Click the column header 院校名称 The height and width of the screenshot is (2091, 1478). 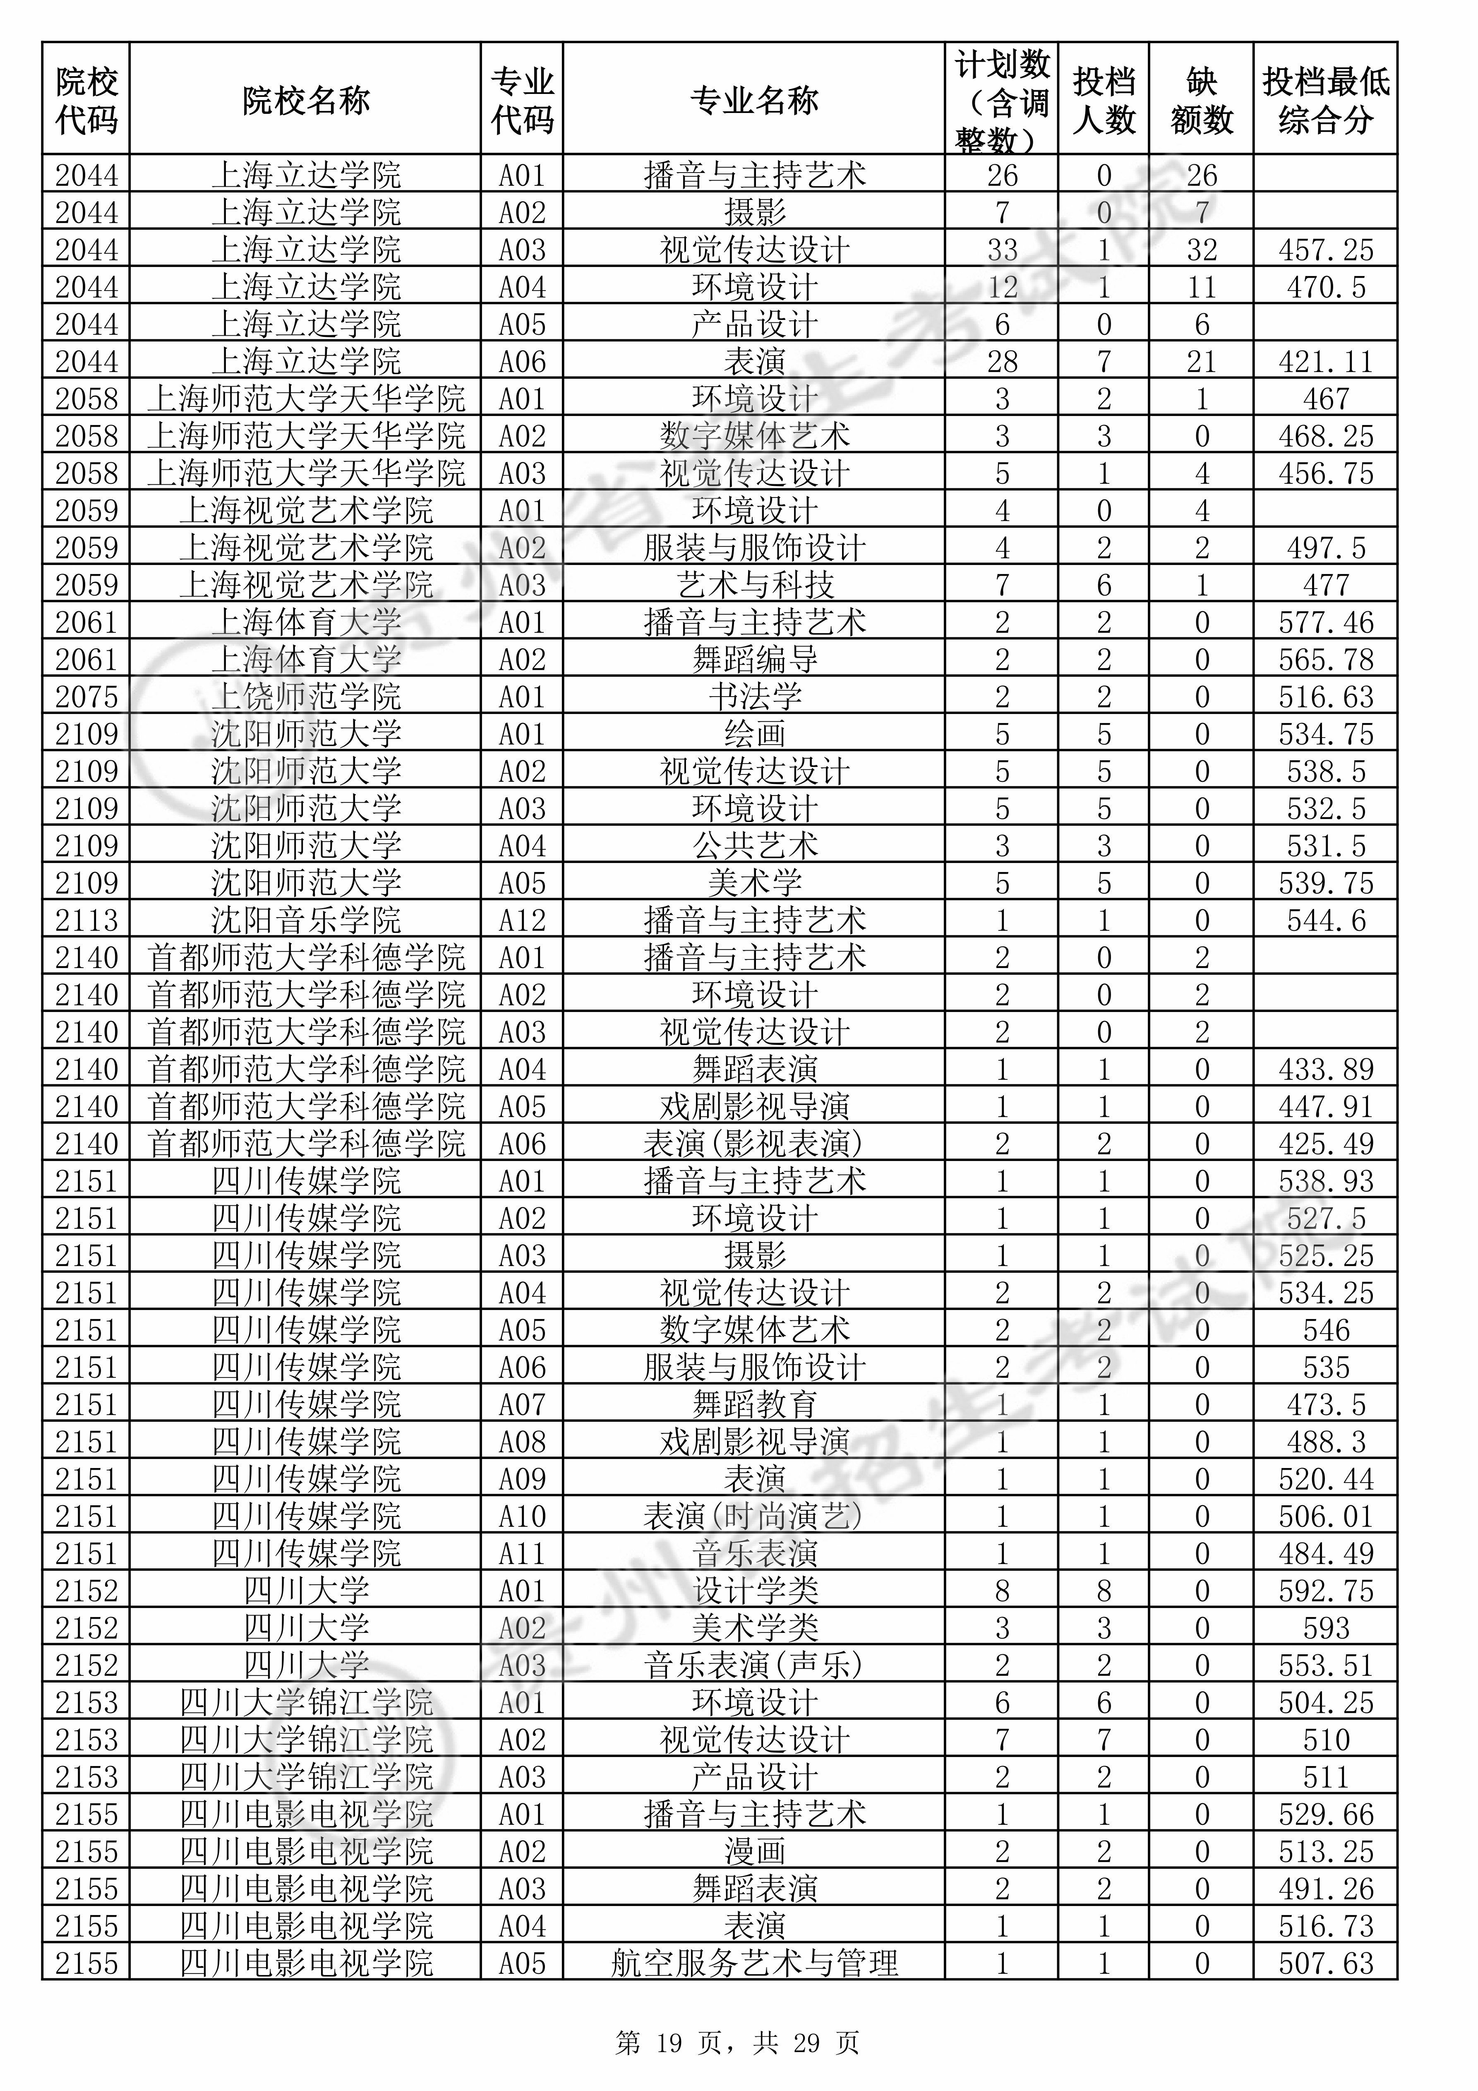306,100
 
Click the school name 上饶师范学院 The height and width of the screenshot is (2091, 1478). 306,697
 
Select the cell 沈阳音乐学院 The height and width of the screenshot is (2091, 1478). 306,920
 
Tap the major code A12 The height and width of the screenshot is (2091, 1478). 522,920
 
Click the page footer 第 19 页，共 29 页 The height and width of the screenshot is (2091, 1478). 738,2043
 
